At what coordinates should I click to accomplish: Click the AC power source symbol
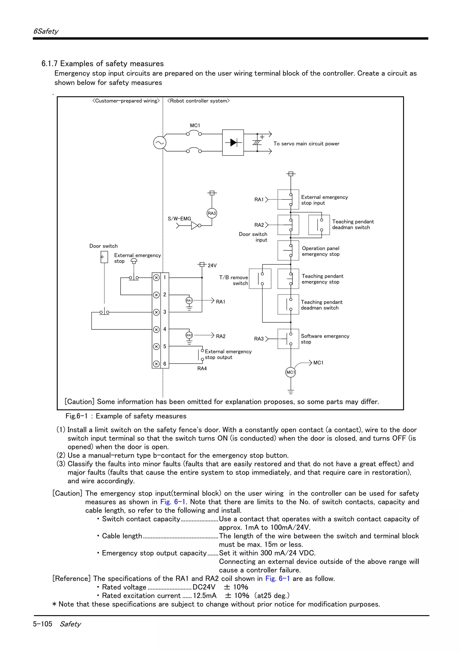click(x=160, y=143)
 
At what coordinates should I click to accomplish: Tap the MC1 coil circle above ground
click(x=290, y=372)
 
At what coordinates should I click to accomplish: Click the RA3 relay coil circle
click(x=212, y=213)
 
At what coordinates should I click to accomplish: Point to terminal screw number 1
click(x=156, y=278)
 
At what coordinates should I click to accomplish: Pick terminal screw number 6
click(x=156, y=364)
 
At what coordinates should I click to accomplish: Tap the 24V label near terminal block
click(x=212, y=265)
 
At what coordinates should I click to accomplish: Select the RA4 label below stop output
click(x=202, y=369)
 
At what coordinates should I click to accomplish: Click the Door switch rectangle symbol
click(x=104, y=257)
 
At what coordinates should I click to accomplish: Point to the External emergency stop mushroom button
click(x=134, y=260)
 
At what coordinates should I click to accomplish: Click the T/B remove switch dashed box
click(x=260, y=279)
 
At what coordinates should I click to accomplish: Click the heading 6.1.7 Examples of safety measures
click(x=103, y=63)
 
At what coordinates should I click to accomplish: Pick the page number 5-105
click(x=43, y=624)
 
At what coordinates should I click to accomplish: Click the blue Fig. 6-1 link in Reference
click(x=278, y=578)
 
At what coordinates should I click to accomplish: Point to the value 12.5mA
click(x=205, y=596)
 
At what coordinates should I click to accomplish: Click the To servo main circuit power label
click(x=306, y=144)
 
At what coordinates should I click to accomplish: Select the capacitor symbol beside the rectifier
click(x=257, y=142)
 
